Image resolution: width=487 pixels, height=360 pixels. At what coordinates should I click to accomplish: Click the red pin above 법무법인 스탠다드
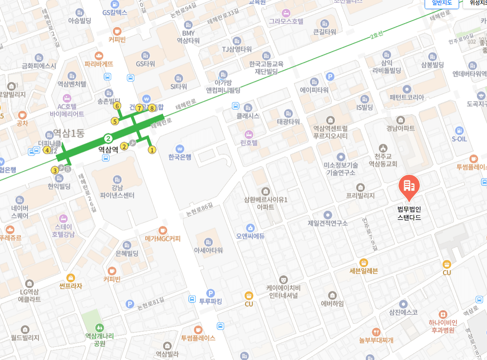click(409, 186)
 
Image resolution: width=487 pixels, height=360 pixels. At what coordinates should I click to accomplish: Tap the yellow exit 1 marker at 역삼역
click(152, 150)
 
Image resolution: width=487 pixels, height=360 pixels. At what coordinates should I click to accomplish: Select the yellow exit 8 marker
click(152, 108)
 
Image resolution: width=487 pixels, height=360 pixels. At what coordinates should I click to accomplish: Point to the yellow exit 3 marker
click(55, 170)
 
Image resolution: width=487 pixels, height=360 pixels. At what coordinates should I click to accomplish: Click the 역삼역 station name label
click(108, 149)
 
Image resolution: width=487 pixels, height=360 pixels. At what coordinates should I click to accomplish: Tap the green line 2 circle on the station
click(109, 139)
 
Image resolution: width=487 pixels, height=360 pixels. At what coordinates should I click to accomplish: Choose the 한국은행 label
click(180, 157)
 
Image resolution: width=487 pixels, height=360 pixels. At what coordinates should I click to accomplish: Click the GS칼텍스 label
click(115, 13)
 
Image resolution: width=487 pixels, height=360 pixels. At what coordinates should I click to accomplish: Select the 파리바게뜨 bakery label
click(99, 64)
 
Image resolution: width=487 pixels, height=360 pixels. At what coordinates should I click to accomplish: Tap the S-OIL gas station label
click(459, 139)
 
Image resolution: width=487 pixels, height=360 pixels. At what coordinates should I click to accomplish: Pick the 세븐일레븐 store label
click(364, 271)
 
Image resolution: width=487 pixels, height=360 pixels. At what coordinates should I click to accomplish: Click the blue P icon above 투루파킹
click(211, 293)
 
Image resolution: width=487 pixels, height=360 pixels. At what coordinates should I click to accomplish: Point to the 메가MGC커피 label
click(163, 238)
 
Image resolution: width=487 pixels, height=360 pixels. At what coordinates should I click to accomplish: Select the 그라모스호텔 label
click(286, 21)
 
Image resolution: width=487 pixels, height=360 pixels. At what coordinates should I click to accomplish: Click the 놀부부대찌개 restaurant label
click(376, 340)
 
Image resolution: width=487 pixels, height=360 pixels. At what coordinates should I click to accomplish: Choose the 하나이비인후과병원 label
click(443, 326)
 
